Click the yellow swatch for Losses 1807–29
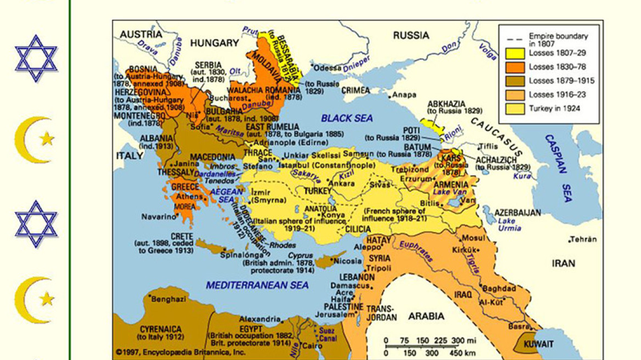pos(515,53)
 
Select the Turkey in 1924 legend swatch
pos(515,108)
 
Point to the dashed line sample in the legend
pos(515,39)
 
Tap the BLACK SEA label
pos(346,118)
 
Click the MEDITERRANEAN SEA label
pos(257,285)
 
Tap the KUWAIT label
pos(539,344)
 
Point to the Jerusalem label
pos(336,314)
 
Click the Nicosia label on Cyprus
pos(348,261)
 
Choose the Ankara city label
pos(342,183)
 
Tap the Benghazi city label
pos(169,300)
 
